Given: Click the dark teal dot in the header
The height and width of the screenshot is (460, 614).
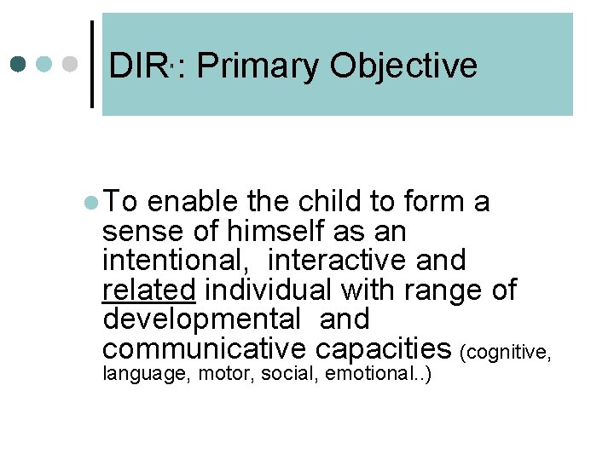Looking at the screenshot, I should tap(19, 64).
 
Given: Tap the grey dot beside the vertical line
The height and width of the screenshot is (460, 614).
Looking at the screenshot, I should tap(71, 64).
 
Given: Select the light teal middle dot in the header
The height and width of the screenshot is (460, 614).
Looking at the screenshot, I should tap(45, 64).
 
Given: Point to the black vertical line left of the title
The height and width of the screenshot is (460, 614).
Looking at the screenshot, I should tap(92, 64).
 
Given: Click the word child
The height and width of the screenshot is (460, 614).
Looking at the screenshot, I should tap(327, 202).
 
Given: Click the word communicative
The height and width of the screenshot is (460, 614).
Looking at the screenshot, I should tap(204, 348).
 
